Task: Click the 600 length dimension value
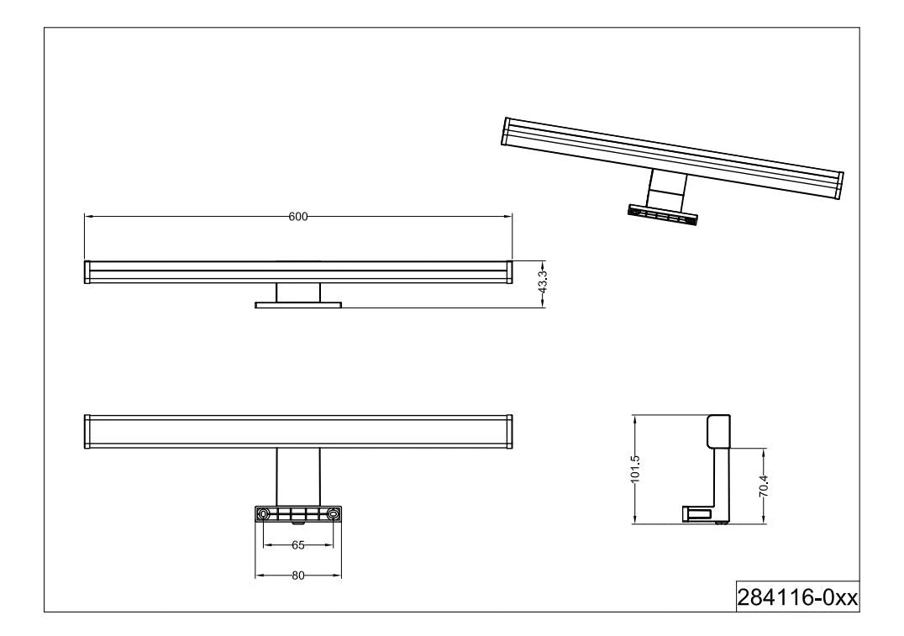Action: (x=298, y=217)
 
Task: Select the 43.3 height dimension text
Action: (x=542, y=283)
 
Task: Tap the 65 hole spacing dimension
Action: (x=298, y=545)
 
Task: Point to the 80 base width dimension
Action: (x=298, y=576)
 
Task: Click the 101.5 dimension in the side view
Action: (x=635, y=469)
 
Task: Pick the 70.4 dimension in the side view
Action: (x=763, y=486)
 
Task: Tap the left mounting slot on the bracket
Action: (x=264, y=514)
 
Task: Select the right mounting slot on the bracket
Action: (x=333, y=514)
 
